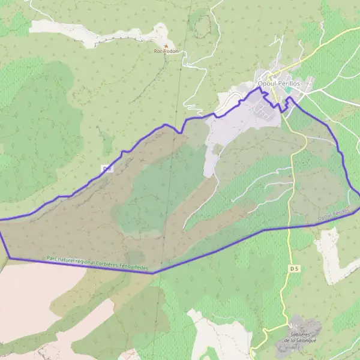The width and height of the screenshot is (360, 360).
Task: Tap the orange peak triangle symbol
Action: pyautogui.click(x=166, y=45)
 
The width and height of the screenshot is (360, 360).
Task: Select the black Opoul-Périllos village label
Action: pyautogui.click(x=277, y=83)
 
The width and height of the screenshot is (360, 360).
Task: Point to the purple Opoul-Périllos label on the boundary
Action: pyautogui.click(x=334, y=214)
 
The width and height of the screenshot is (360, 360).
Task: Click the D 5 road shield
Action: pyautogui.click(x=293, y=268)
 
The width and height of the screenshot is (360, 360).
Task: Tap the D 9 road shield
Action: pyautogui.click(x=107, y=169)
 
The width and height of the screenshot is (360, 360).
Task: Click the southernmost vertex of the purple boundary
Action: pyautogui.click(x=154, y=273)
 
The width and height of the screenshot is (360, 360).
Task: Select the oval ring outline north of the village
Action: pyautogui.click(x=203, y=23)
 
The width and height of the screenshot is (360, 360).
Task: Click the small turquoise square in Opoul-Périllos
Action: pyautogui.click(x=288, y=90)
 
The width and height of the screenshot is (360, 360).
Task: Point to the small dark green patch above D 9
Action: pyautogui.click(x=107, y=144)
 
